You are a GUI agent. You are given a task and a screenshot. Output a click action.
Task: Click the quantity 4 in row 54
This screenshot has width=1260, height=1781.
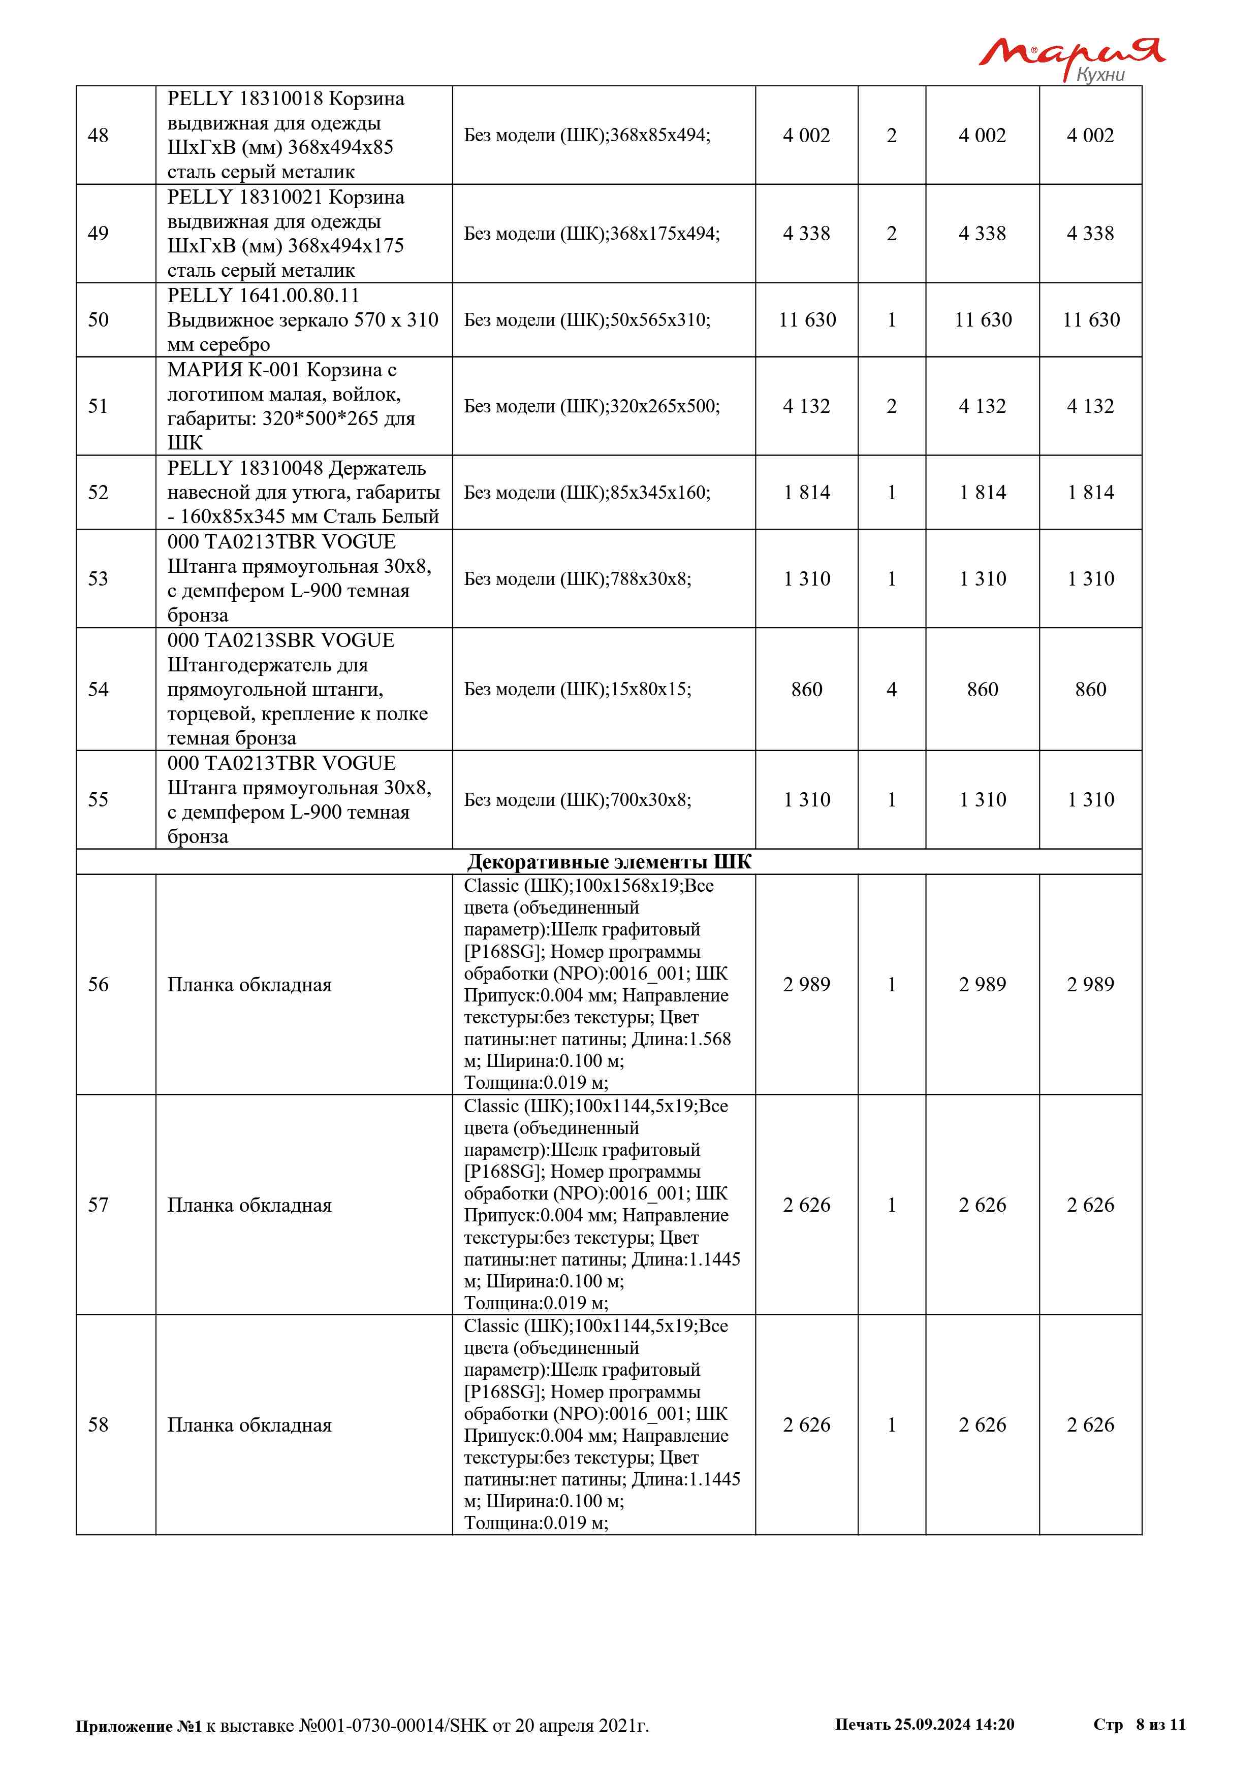(x=892, y=690)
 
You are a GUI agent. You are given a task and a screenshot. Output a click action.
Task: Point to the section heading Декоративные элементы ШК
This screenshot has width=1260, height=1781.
(x=609, y=862)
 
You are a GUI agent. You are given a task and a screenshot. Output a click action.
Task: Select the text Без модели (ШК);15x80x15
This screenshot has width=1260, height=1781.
(x=577, y=690)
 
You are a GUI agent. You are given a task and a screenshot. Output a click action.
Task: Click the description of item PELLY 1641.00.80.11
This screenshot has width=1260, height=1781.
(x=303, y=319)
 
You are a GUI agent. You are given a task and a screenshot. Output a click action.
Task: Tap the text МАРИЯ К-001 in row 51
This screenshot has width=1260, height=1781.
(x=233, y=370)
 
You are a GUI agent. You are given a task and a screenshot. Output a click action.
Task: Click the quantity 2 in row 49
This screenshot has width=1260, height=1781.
(x=892, y=234)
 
